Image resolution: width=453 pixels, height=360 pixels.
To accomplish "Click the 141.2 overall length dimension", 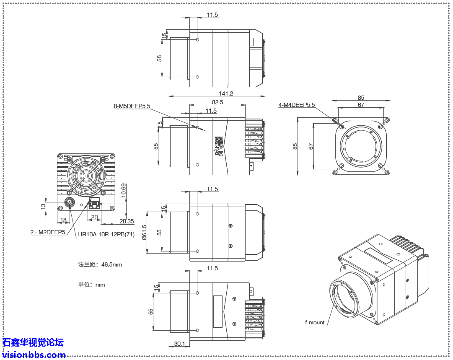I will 226,93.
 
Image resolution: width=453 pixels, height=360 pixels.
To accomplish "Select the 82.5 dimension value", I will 217,102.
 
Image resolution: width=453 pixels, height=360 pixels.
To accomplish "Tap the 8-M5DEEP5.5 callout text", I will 132,106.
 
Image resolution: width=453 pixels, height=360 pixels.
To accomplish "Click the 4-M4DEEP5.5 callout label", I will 296,105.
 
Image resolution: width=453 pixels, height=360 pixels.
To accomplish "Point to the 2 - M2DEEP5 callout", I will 48,232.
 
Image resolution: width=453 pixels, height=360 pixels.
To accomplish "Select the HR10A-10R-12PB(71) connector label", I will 106,234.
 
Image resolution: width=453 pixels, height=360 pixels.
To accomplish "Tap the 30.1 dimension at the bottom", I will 179,344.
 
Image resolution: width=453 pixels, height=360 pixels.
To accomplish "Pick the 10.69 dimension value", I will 123,191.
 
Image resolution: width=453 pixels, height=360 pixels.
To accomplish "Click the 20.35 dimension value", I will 127,221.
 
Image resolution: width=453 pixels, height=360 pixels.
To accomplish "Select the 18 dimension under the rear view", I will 63,220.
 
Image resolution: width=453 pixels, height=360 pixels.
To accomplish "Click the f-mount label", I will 315,322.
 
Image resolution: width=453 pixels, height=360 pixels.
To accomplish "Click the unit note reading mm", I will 91,285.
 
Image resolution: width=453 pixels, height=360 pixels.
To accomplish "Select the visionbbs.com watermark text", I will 34,355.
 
